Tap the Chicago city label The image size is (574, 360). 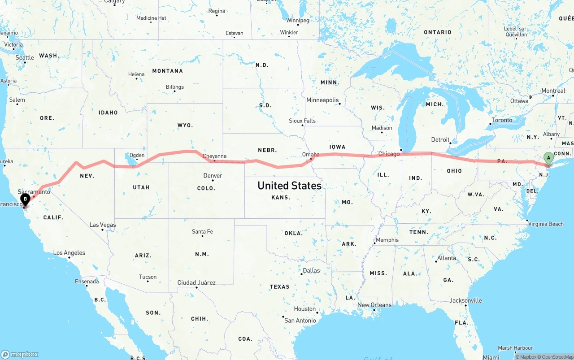[x=388, y=154]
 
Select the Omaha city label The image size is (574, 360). [x=311, y=154]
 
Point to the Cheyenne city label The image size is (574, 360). [x=214, y=156]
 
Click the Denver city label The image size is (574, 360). [x=213, y=175]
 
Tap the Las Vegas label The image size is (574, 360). [x=103, y=225]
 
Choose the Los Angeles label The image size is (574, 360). [x=69, y=253]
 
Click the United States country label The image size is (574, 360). [x=289, y=185]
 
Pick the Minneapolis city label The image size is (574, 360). [x=322, y=100]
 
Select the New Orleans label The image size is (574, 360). [x=374, y=305]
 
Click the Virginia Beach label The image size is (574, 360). [x=545, y=224]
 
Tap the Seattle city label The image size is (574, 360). [x=25, y=57]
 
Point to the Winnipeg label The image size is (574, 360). [x=298, y=21]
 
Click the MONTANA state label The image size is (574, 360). [x=167, y=71]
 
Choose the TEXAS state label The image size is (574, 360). [x=279, y=286]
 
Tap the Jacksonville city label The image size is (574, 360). [x=465, y=300]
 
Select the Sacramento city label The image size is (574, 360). [x=34, y=191]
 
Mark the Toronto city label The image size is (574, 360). [x=501, y=120]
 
